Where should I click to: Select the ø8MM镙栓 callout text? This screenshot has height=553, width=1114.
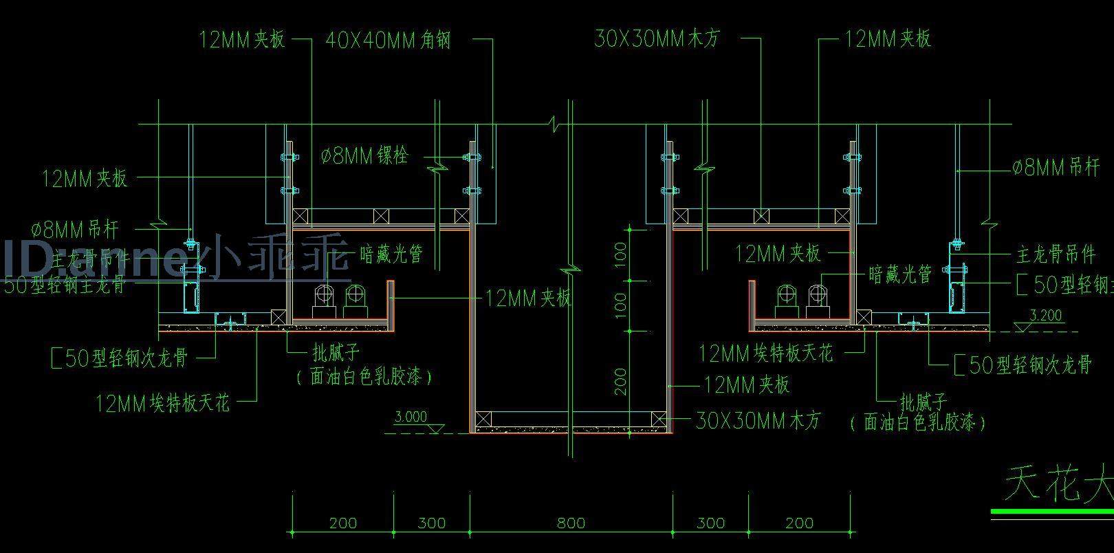coord(364,156)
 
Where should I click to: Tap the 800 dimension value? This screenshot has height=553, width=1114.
coord(571,523)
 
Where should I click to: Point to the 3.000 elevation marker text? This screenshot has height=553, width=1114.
coord(411,417)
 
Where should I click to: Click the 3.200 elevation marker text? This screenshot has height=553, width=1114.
coord(1046,316)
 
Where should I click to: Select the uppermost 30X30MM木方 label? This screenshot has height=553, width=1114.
coord(657,39)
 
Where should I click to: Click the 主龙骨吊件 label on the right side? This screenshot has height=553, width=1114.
coord(1056,254)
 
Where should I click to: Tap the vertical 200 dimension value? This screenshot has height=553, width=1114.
coord(620,381)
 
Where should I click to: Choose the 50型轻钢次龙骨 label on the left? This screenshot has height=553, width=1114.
coord(120,358)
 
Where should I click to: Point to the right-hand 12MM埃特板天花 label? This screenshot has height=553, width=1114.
coord(766,354)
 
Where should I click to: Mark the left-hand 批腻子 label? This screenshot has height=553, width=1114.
coord(336,354)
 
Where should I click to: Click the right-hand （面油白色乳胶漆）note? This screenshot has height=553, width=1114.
coord(918,422)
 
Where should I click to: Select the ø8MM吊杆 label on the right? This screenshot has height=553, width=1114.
coord(1056,167)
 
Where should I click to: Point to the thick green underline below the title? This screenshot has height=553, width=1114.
coord(1052,512)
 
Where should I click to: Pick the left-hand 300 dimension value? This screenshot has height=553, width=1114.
coord(432,523)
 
